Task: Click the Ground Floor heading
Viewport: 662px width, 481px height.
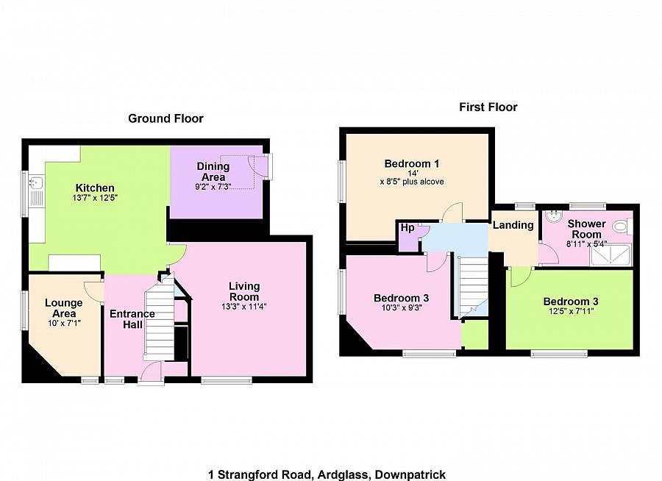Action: (x=165, y=118)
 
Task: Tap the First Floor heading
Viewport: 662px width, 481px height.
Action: (x=488, y=107)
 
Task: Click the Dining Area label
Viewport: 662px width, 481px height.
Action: (x=213, y=171)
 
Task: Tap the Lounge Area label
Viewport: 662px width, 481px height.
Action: (x=63, y=307)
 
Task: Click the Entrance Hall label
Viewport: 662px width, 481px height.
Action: (x=132, y=319)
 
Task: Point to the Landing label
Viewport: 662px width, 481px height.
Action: (x=513, y=226)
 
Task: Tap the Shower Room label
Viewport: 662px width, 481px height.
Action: (x=586, y=229)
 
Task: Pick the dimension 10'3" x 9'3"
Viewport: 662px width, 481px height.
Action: (x=401, y=308)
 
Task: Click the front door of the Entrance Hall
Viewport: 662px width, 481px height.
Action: (x=151, y=374)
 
